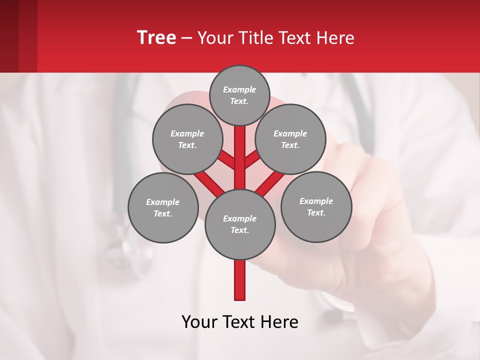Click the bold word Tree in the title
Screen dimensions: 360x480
[x=156, y=38]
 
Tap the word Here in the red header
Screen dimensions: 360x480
[x=336, y=38]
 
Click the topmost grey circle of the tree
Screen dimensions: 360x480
[x=239, y=95]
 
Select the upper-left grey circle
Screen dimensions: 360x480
[x=187, y=139]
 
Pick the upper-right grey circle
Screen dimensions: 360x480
[x=290, y=139]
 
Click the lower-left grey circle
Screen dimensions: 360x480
[x=163, y=207]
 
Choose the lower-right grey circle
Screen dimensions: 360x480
[x=316, y=206]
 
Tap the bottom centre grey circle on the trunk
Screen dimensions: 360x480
[x=239, y=224]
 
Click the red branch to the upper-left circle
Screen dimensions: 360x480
[x=226, y=160]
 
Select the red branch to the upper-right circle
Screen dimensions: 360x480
[x=252, y=160]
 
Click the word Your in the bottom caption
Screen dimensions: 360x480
[x=199, y=322]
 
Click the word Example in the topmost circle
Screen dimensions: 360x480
[x=239, y=89]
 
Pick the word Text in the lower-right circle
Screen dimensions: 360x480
[x=316, y=212]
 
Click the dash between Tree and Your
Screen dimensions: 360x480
[x=186, y=38]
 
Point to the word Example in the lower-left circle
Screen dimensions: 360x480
[x=163, y=202]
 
